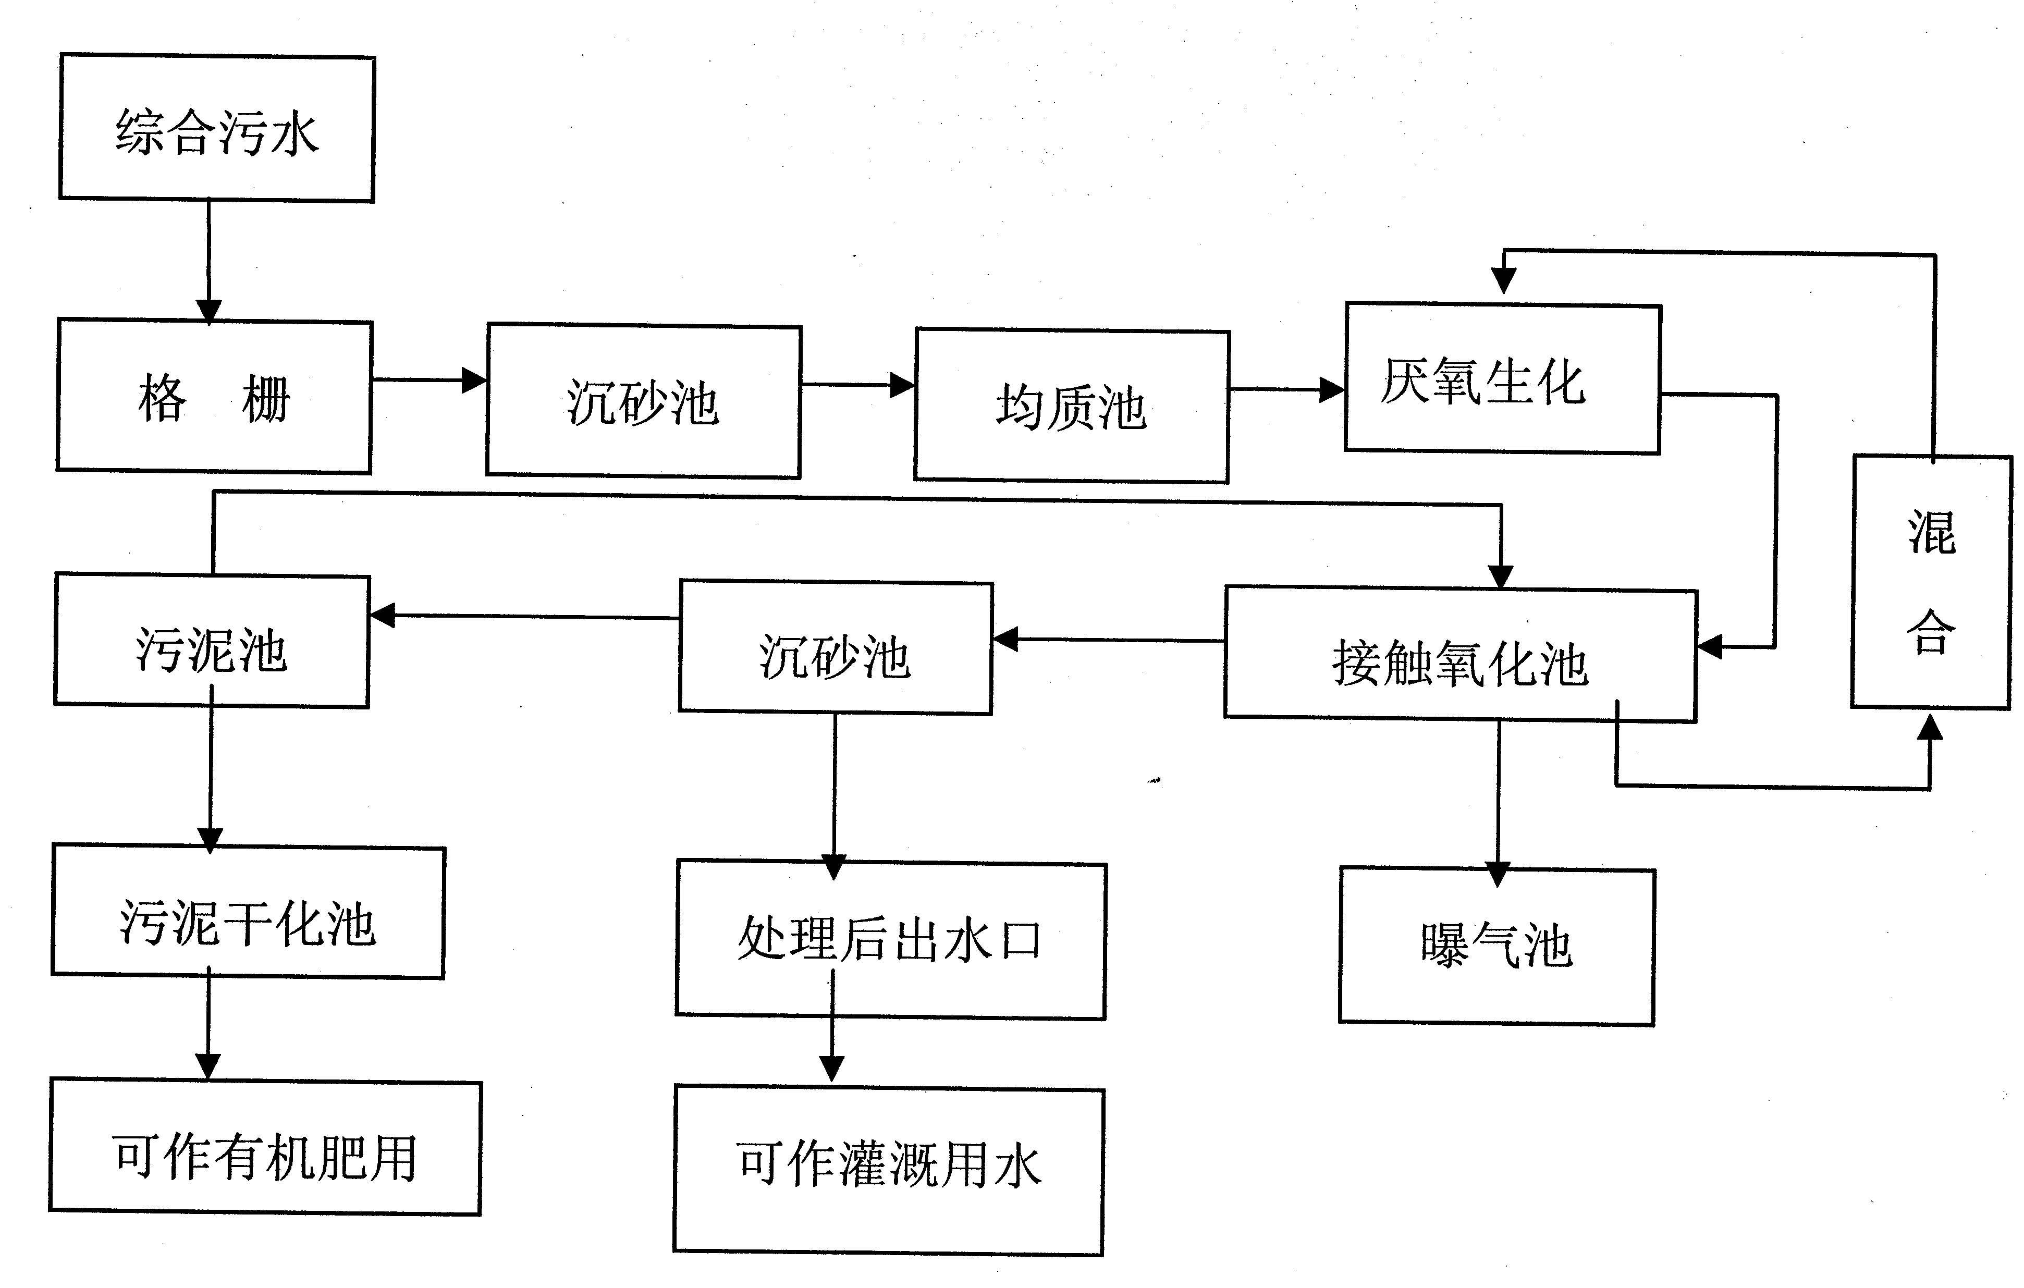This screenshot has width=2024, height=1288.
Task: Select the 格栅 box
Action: pos(214,396)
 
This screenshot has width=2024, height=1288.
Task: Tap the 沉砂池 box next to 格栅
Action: pos(644,402)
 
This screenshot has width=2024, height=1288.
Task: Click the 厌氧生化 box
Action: pos(1503,379)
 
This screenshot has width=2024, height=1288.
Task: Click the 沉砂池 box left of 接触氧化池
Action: pos(836,648)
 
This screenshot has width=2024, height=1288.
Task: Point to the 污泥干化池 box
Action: pos(248,912)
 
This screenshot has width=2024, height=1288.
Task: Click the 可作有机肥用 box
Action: pos(265,1148)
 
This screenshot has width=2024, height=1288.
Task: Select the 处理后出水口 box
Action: pos(891,940)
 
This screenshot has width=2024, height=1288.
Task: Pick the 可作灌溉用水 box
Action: pos(888,1171)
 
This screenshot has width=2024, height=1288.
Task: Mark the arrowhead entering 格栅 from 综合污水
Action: pos(208,311)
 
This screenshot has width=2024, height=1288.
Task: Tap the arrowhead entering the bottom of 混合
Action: pos(1930,727)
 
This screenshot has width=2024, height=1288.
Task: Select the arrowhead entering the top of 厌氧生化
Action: pos(1504,281)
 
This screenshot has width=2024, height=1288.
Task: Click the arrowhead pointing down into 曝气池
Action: pos(1498,874)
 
